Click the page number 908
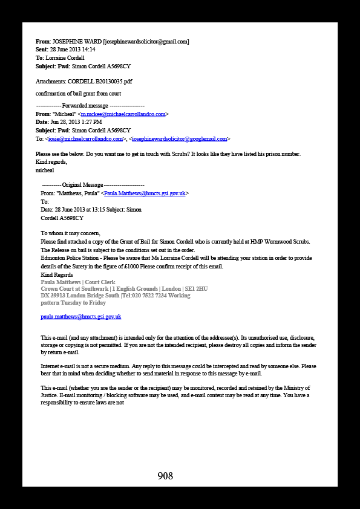click(x=165, y=476)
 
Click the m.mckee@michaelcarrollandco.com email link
click(x=123, y=114)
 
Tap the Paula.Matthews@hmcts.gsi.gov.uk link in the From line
click(x=145, y=193)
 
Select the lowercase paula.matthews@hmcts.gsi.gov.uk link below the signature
click(x=81, y=317)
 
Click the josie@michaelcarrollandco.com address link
click(x=85, y=139)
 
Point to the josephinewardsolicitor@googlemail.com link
click(x=179, y=139)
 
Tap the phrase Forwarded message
click(x=85, y=106)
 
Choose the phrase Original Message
click(x=82, y=185)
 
